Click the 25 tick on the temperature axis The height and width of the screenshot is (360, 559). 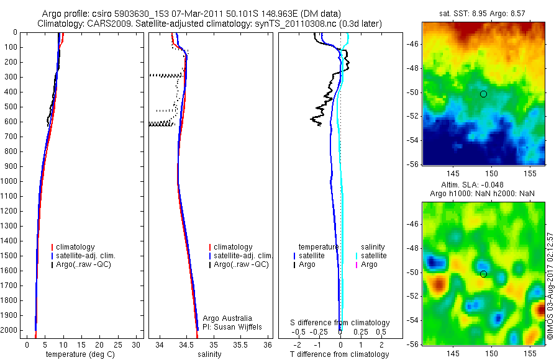tap(117, 344)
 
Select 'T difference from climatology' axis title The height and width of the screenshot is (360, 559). tap(339, 354)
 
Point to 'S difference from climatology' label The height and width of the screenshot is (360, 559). tap(340, 323)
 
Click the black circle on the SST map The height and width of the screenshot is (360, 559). tap(484, 94)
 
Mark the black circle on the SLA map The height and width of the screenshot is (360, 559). tap(484, 274)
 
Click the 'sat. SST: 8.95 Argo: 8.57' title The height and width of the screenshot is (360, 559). tap(483, 13)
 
